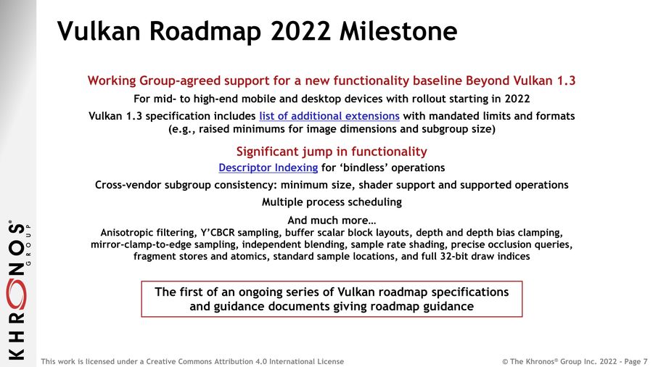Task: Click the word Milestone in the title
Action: [x=398, y=30]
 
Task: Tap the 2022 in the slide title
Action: [x=300, y=30]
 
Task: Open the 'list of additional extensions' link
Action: [x=329, y=115]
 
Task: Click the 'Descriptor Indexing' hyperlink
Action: [x=268, y=168]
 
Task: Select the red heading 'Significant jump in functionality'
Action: [x=332, y=152]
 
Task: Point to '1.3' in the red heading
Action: [x=566, y=81]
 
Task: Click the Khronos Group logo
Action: [x=17, y=289]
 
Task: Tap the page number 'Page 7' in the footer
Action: [x=636, y=361]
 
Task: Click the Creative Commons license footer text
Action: [x=192, y=361]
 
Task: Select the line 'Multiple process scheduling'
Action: [x=332, y=202]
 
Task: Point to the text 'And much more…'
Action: [x=332, y=220]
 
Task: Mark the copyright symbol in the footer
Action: [x=505, y=362]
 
